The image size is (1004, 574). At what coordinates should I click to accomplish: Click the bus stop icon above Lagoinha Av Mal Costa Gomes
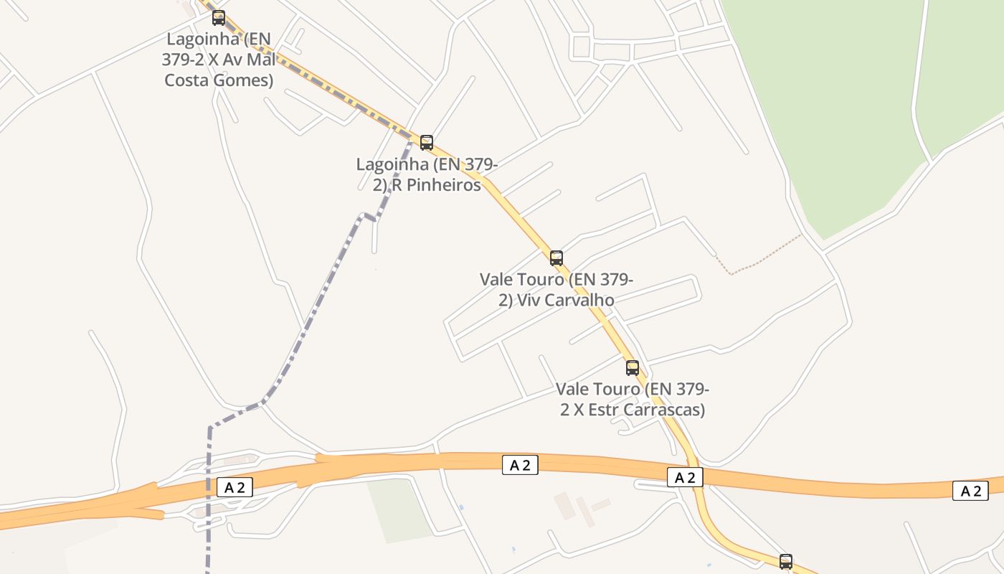pyautogui.click(x=219, y=18)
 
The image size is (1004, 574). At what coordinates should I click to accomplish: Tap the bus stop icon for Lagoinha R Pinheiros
pyautogui.click(x=427, y=142)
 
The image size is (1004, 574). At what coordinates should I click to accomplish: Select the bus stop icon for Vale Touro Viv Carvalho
pyautogui.click(x=557, y=258)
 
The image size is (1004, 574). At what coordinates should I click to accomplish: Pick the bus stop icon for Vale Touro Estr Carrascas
pyautogui.click(x=633, y=367)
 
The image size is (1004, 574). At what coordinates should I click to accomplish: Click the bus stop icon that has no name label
pyautogui.click(x=786, y=561)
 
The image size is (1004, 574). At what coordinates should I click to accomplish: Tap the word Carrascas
pyautogui.click(x=664, y=410)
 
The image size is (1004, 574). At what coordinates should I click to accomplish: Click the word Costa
pyautogui.click(x=187, y=80)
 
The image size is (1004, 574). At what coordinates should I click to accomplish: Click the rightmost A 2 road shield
pyautogui.click(x=970, y=491)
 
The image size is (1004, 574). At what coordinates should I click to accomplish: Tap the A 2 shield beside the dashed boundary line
pyautogui.click(x=235, y=488)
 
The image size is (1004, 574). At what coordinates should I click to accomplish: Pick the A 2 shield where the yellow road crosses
pyautogui.click(x=685, y=477)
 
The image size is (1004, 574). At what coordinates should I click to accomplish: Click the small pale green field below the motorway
pyautogui.click(x=398, y=509)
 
